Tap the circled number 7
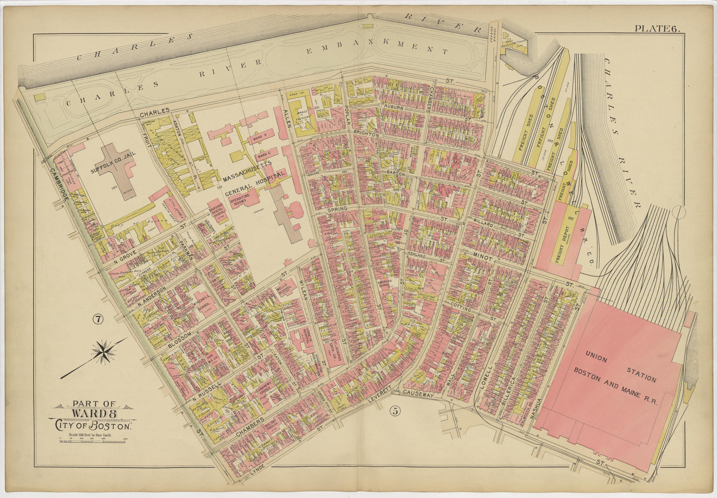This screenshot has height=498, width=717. point(98,320)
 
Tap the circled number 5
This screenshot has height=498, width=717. point(395,410)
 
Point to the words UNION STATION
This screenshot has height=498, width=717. point(621,366)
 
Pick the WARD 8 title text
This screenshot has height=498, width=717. point(93,413)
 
